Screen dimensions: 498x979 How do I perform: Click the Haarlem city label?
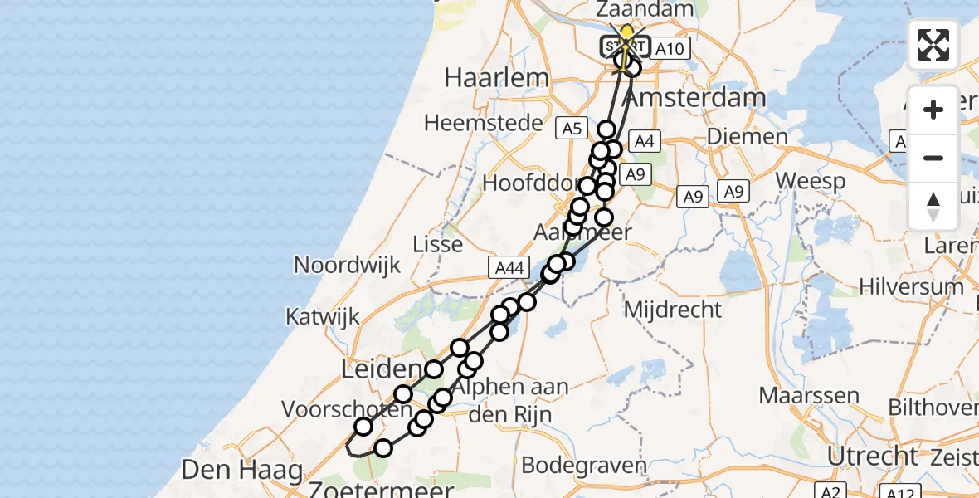(x=496, y=78)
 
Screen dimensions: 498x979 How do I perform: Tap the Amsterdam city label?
(x=694, y=98)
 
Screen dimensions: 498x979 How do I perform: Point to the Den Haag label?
(x=241, y=471)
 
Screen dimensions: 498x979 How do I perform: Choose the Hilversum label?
(x=911, y=286)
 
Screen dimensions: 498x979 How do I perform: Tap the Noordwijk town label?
(x=348, y=266)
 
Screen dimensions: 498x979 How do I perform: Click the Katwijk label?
(x=323, y=316)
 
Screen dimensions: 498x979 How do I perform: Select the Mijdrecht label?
(x=673, y=310)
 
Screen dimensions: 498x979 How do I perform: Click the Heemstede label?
(x=477, y=123)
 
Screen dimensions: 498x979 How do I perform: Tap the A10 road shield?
(x=669, y=49)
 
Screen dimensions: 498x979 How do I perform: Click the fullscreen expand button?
(x=933, y=45)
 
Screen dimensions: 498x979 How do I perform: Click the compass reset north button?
(x=933, y=207)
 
